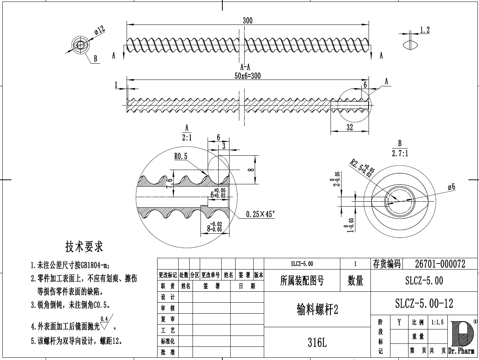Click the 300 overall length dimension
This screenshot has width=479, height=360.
(247, 21)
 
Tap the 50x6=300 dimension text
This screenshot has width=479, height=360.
(247, 76)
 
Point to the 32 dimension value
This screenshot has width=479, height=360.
(350, 127)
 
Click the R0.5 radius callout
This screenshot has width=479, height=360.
(181, 156)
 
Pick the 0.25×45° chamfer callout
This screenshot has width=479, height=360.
(260, 214)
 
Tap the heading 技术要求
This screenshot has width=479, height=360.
(84, 247)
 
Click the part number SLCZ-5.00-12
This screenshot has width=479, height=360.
(424, 303)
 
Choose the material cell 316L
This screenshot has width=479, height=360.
(317, 343)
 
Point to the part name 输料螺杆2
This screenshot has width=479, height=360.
(317, 309)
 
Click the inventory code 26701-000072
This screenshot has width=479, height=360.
(440, 264)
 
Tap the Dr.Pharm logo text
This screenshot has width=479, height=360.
(461, 351)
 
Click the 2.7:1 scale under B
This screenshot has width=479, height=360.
(400, 153)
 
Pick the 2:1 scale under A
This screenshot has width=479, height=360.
(187, 138)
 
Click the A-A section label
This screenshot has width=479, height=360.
(245, 67)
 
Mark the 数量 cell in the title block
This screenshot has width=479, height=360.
(355, 280)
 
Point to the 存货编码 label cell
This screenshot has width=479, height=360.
(387, 264)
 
